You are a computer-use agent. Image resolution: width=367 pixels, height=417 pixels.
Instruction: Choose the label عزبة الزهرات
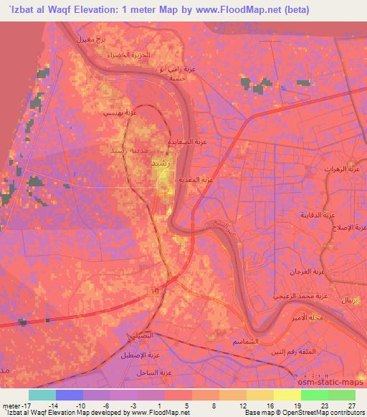tap(352, 176)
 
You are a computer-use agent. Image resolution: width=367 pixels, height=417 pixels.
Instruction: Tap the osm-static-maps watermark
tap(323, 383)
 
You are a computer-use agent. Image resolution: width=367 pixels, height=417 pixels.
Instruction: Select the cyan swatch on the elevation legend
tap(42, 394)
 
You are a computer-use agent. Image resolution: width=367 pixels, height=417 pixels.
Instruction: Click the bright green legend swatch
tap(314, 394)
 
